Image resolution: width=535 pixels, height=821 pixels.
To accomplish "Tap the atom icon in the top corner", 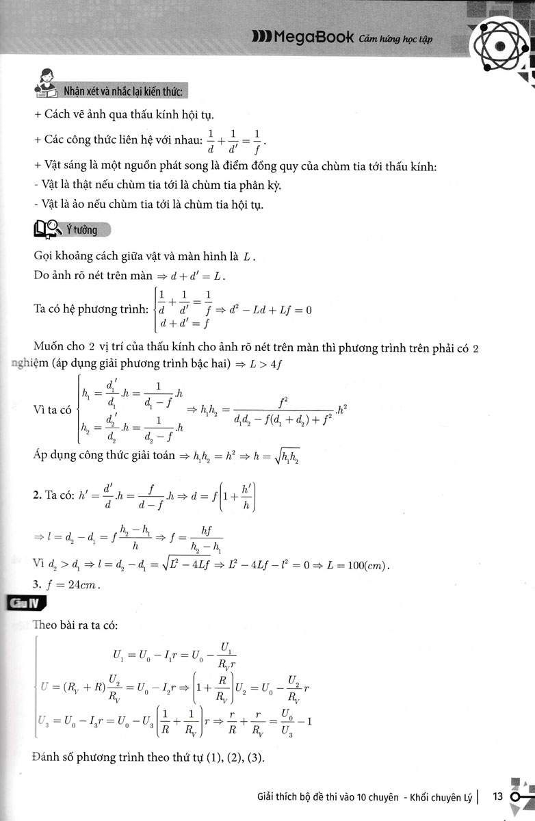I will [x=501, y=47].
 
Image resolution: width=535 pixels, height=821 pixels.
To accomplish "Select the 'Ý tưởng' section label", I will [x=81, y=231].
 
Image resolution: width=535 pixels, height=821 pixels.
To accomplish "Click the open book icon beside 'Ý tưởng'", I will [x=47, y=230].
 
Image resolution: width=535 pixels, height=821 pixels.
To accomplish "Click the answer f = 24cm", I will [x=68, y=585].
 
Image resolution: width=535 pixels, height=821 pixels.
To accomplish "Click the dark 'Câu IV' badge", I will [x=25, y=603].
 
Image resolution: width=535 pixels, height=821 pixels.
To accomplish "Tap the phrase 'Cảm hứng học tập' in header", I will [x=397, y=40].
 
